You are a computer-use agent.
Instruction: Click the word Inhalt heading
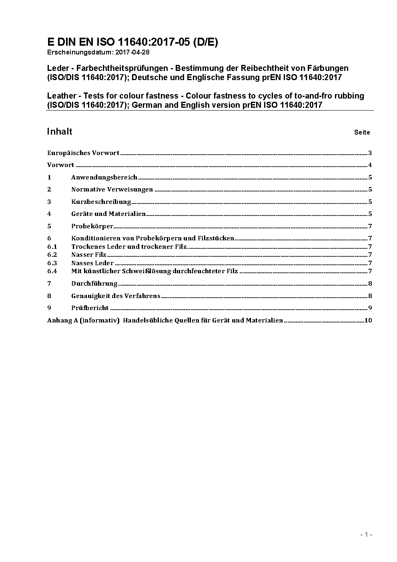[x=60, y=131]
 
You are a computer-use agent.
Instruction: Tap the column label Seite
[x=362, y=132]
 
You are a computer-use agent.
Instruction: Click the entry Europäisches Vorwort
[x=83, y=153]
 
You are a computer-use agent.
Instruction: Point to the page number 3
[x=370, y=153]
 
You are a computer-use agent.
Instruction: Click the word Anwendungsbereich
[x=104, y=177]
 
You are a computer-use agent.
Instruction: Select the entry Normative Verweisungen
[x=112, y=189]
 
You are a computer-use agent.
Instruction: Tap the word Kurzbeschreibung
[x=101, y=201]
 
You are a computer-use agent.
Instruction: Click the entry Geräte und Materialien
[x=108, y=214]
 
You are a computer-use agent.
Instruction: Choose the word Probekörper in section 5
[x=92, y=226]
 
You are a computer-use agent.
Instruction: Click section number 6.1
[x=52, y=247]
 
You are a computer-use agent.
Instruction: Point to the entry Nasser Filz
[x=89, y=255]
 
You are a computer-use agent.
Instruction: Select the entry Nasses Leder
[x=92, y=263]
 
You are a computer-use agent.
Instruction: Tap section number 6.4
[x=52, y=271]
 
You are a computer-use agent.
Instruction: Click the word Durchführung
[x=94, y=284]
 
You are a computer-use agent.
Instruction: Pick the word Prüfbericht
[x=90, y=308]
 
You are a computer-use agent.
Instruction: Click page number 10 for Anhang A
[x=368, y=320]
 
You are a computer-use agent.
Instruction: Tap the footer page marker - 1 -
[x=366, y=534]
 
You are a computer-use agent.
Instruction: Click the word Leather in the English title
[x=62, y=96]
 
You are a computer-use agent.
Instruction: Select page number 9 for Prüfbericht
[x=370, y=308]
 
